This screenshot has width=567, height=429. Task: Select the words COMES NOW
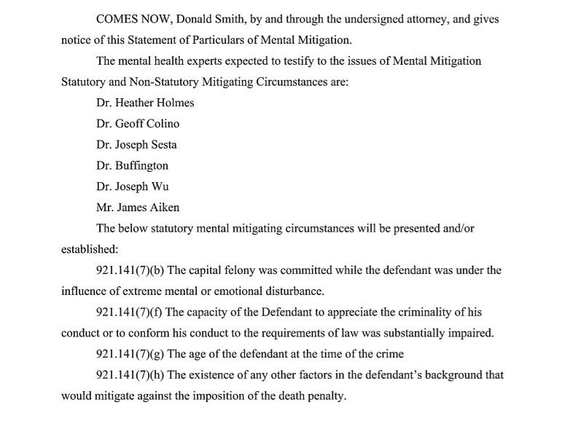coord(132,20)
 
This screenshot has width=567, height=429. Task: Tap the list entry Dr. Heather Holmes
coord(145,103)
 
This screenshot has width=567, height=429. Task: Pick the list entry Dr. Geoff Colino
coord(138,124)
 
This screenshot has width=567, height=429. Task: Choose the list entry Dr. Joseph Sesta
coord(136,144)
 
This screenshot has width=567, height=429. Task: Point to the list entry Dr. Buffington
coord(132,165)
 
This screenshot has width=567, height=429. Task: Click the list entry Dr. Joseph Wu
coord(133,186)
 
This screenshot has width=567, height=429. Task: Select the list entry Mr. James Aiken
coord(137,208)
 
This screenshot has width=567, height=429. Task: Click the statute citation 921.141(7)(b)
coord(130,270)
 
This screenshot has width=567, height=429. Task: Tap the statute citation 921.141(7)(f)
coord(130,312)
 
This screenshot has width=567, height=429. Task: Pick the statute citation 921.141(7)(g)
coord(130,355)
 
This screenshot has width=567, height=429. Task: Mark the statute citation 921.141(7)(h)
coord(130,376)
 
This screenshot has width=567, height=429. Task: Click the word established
coord(85,249)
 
